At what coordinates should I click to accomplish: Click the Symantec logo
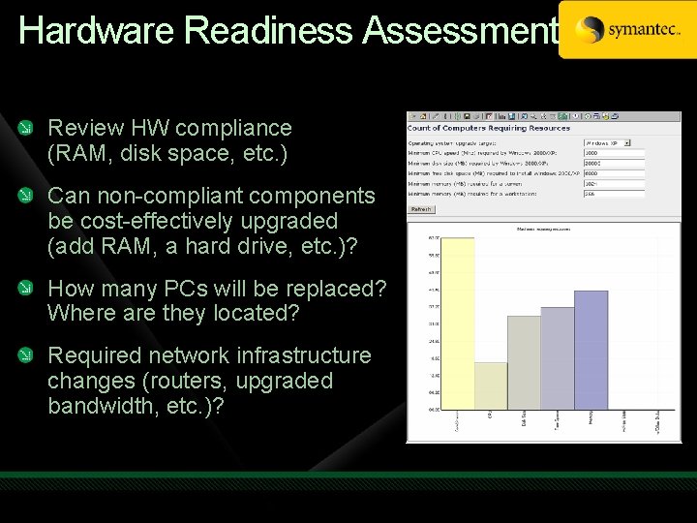pos(627,30)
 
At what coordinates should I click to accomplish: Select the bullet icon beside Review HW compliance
pos(33,128)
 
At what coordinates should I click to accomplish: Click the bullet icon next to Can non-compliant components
pos(33,196)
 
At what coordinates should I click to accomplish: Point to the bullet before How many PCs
pos(33,289)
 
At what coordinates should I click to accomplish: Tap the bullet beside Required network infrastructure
pos(33,356)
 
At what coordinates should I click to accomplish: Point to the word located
pos(253,314)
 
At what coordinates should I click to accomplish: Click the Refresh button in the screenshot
pos(421,208)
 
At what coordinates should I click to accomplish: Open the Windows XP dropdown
pos(607,142)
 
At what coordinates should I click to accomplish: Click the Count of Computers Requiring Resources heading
pos(490,129)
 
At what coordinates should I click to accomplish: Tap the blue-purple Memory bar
pos(591,349)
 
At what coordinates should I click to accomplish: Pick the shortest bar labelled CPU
pos(491,385)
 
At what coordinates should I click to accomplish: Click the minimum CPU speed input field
pos(614,153)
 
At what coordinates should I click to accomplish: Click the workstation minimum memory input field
pos(614,194)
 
